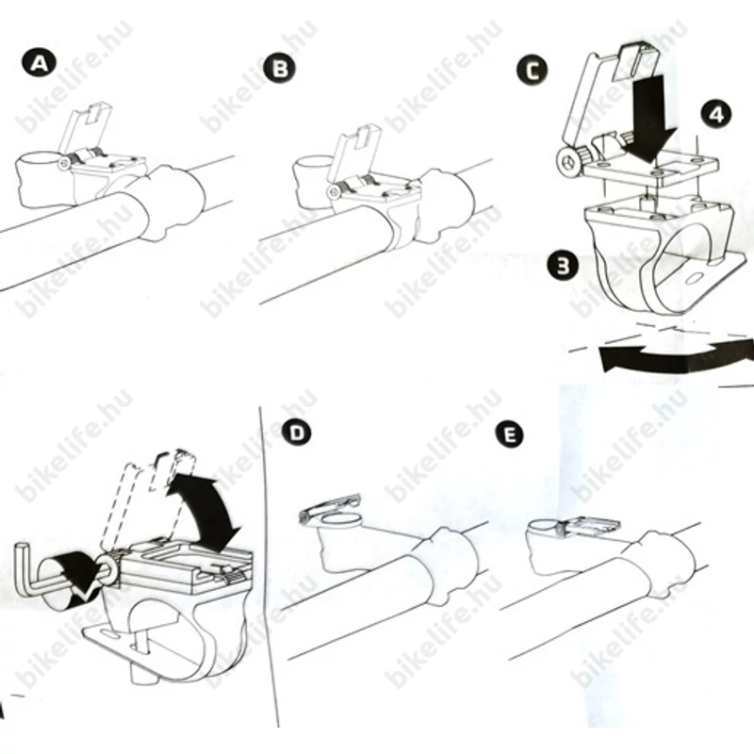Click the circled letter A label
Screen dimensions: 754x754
[39, 63]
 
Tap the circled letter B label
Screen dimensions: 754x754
[280, 68]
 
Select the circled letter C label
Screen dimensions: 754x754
[532, 71]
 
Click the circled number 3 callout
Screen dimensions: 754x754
[563, 265]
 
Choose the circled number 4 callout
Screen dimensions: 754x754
[716, 114]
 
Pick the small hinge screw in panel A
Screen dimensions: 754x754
[64, 164]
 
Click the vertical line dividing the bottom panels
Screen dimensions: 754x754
[270, 567]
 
